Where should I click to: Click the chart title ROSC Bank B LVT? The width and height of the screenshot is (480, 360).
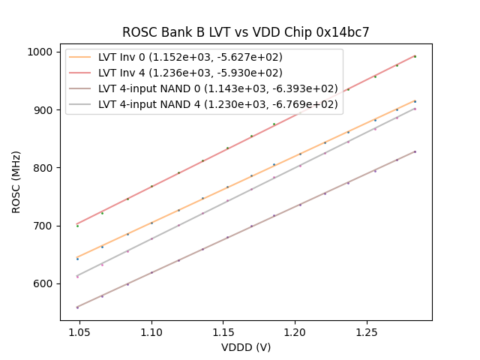(246, 32)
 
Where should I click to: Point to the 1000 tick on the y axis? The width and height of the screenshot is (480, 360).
(42, 52)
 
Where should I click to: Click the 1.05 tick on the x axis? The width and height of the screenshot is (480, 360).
(80, 330)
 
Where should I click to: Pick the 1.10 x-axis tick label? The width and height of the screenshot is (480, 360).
(151, 330)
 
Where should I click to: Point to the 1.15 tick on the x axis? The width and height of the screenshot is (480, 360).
(223, 330)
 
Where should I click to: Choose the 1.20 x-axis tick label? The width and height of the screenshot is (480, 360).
(295, 330)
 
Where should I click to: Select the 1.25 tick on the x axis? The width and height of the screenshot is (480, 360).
(367, 330)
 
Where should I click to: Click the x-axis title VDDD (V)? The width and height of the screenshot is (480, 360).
(246, 347)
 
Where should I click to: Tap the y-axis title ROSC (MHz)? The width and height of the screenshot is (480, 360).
(16, 180)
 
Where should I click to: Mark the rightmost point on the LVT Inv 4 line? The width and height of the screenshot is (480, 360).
(415, 56)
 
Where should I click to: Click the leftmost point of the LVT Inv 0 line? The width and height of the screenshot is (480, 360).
(77, 259)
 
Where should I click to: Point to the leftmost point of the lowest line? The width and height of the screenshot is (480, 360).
(77, 307)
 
